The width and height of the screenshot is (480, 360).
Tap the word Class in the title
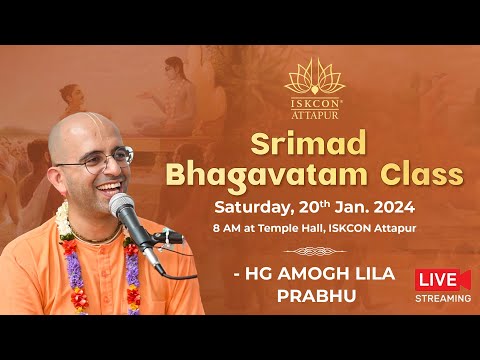421,175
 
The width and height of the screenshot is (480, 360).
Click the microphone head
123,208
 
